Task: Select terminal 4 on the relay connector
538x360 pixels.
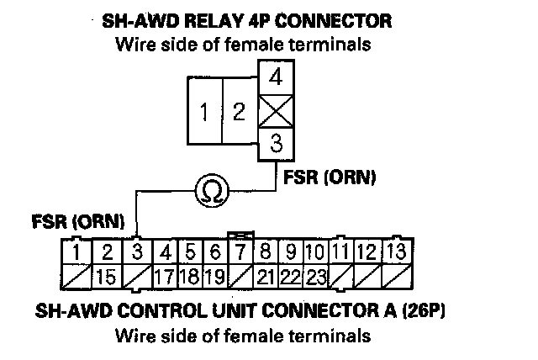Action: (275, 78)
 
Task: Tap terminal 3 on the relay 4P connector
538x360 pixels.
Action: (275, 142)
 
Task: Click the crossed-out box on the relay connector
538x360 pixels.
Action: (275, 110)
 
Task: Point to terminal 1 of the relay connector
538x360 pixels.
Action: (204, 110)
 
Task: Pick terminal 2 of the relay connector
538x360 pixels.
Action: (239, 110)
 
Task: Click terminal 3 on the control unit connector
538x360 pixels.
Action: (136, 251)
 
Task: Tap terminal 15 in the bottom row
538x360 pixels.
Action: (107, 275)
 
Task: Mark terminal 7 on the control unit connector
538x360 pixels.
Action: (240, 251)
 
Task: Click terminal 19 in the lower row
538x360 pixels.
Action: (215, 275)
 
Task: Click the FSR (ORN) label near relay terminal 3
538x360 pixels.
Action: (330, 177)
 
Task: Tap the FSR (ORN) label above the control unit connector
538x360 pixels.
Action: (77, 222)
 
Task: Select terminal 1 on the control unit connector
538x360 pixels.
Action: (76, 251)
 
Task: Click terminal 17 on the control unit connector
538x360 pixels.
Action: (165, 275)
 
